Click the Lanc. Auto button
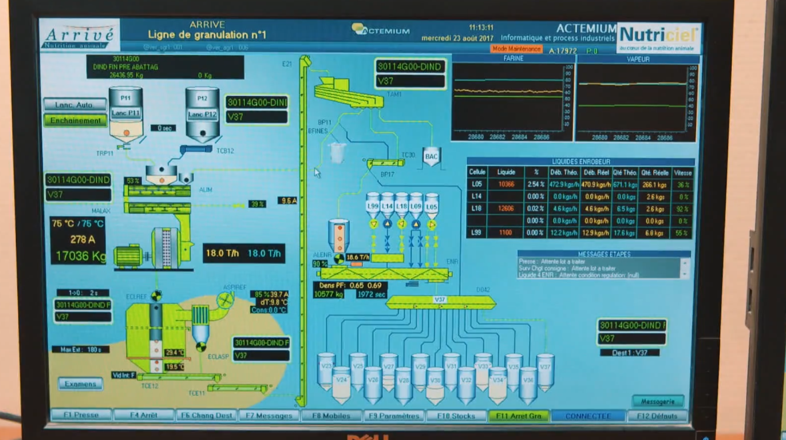[75, 105]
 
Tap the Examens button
[80, 384]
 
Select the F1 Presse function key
[81, 415]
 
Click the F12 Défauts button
[657, 416]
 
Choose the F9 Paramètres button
[395, 416]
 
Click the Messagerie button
[657, 401]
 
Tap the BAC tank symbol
[432, 157]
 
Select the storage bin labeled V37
[545, 370]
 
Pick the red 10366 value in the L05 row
[506, 184]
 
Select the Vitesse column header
[683, 172]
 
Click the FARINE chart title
[512, 59]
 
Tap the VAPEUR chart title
[638, 59]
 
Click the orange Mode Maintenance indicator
[516, 49]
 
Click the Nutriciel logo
[659, 37]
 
